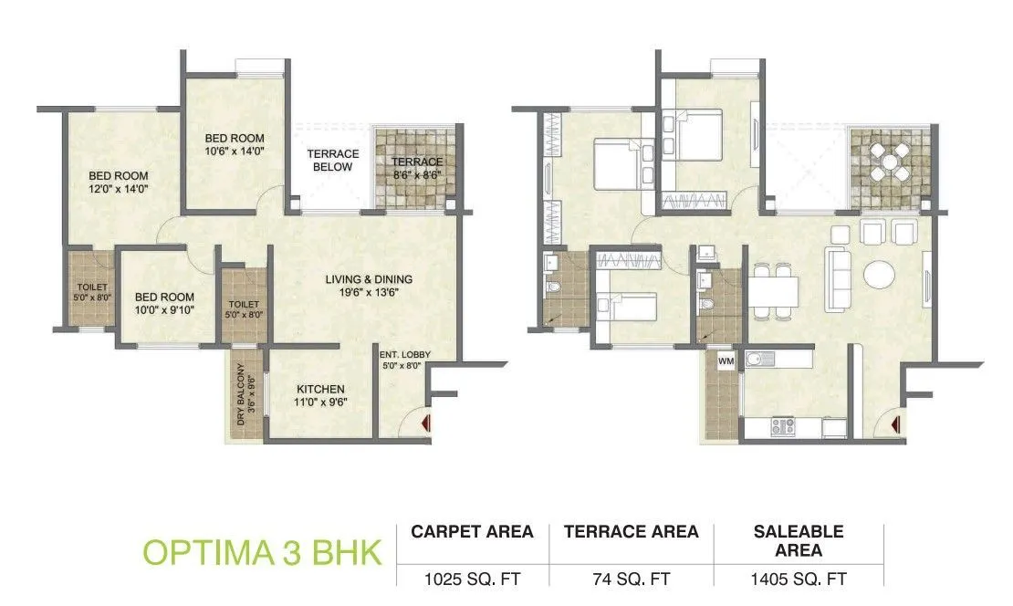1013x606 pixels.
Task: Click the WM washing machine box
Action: coord(726,361)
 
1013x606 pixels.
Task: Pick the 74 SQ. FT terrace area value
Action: coord(631,579)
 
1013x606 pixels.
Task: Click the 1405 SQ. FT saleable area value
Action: coord(799,579)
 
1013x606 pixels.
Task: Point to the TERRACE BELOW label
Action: coord(332,161)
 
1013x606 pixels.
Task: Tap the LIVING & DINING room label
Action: coord(370,286)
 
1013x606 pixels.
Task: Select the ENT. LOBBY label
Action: coord(405,360)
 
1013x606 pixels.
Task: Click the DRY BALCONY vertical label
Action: coord(244,394)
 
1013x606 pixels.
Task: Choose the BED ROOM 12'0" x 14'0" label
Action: coord(119,183)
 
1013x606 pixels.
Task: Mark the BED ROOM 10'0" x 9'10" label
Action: coord(164,304)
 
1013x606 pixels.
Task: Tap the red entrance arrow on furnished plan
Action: coord(897,423)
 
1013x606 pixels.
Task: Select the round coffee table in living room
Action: coord(881,274)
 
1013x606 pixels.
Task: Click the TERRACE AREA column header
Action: coord(631,531)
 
